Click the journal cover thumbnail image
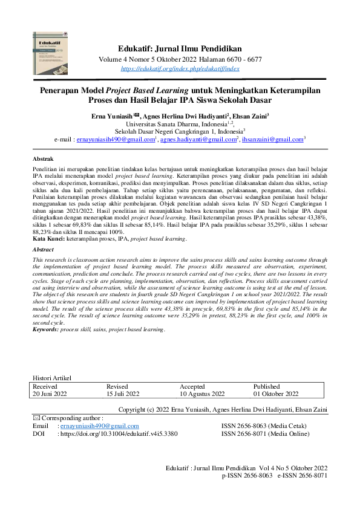(50, 53)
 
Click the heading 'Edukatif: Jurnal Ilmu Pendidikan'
(180, 48)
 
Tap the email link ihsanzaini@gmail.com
(272, 139)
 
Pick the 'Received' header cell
(45, 386)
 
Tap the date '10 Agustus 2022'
(202, 394)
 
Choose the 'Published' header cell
(267, 386)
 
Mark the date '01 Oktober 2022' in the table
(276, 394)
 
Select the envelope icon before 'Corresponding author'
(36, 418)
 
